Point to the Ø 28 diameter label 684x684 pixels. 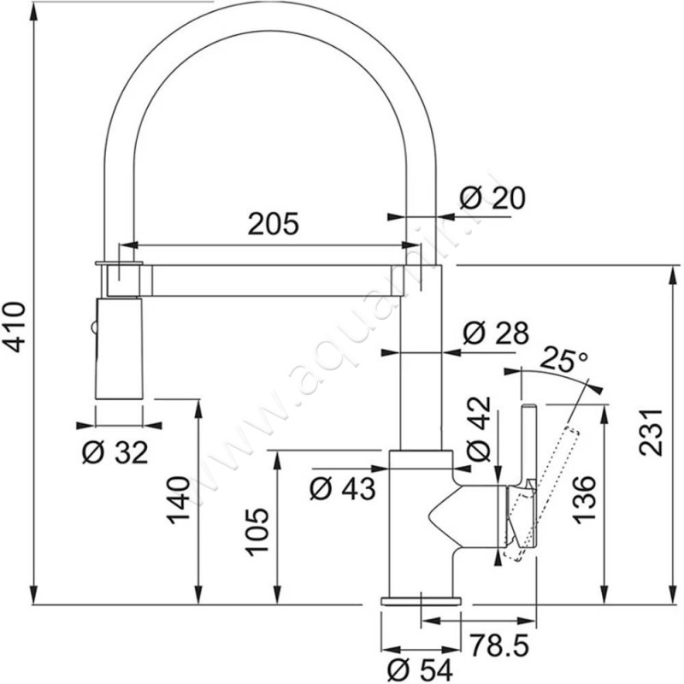[x=494, y=333]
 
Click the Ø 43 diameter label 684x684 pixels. [x=342, y=488]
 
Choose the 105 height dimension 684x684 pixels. [x=258, y=531]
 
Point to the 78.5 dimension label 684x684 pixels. [x=493, y=641]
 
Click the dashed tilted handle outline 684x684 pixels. [x=547, y=479]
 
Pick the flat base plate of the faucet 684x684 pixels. [x=421, y=601]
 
